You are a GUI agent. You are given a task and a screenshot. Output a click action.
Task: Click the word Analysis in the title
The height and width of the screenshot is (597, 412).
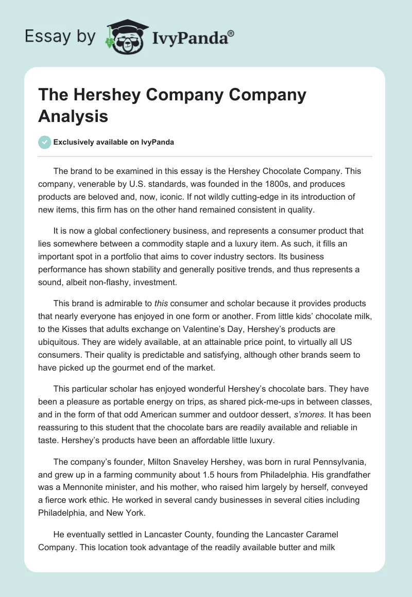pyautogui.click(x=73, y=116)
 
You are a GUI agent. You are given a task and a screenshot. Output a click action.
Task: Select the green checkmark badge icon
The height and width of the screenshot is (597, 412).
pyautogui.click(x=44, y=142)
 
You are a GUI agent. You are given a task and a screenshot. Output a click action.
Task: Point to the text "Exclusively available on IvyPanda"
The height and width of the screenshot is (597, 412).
pyautogui.click(x=114, y=142)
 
